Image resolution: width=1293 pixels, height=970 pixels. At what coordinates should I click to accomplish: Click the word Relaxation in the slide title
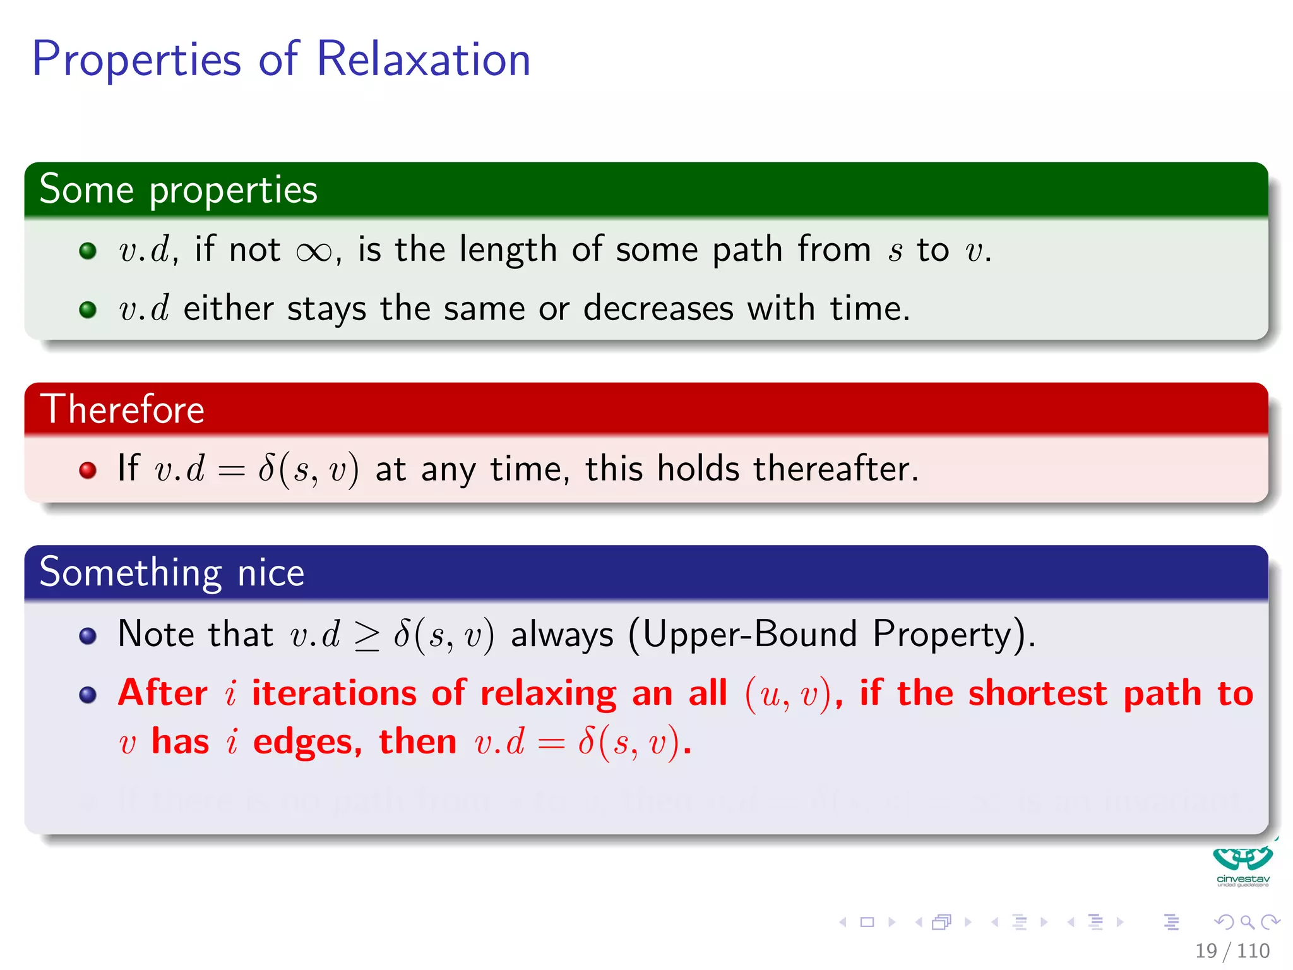coord(423,59)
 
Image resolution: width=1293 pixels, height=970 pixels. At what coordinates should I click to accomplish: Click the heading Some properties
coord(178,189)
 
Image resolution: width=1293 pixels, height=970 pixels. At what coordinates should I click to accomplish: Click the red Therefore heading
coord(122,409)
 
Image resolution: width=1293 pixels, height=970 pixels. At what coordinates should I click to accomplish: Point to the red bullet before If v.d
coord(88,470)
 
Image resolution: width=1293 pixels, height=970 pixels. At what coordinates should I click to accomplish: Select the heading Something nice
coord(172,572)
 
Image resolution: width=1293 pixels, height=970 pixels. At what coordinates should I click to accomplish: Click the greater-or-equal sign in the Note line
coord(367,636)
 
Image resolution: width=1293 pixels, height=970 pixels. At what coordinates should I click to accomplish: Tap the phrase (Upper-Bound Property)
coord(831,634)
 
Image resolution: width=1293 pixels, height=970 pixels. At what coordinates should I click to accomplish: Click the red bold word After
coord(163,693)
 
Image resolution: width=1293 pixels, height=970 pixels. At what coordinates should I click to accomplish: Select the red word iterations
coord(334,693)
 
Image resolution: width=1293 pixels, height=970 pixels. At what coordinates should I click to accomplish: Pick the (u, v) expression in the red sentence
coord(787,694)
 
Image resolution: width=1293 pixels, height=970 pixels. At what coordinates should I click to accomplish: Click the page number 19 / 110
coord(1232,950)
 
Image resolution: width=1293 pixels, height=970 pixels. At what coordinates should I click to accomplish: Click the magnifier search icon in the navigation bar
coord(1247,922)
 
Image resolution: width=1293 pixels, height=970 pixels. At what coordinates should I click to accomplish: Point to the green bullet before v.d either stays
coord(88,309)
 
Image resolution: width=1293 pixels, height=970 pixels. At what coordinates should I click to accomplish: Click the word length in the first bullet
coord(508,249)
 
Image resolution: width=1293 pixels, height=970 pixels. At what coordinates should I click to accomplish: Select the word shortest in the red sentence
coord(1037,693)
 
